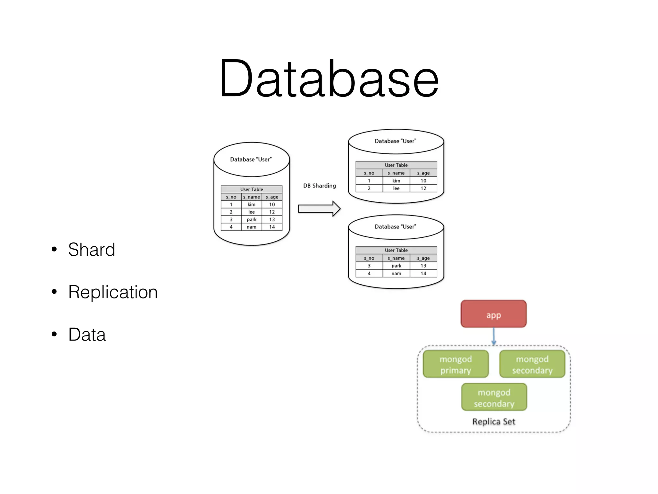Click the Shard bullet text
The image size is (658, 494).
pos(92,250)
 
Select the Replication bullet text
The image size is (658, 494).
pos(113,292)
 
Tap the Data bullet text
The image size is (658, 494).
pos(87,334)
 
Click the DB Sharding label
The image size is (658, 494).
pos(319,186)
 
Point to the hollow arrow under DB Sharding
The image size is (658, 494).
pos(319,209)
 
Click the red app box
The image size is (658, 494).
pos(493,314)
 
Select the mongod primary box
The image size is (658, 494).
pos(456,364)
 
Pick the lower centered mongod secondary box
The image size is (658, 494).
pos(494,398)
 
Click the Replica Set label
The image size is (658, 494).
pos(493,421)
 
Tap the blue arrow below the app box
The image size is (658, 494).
pos(494,336)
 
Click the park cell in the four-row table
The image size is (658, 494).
pos(252,220)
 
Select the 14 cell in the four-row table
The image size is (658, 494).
pos(272,227)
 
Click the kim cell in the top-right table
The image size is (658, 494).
pos(396,181)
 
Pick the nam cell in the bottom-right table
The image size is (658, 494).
pos(396,274)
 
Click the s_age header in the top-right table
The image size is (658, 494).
pos(423,173)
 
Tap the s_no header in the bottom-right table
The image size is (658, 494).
pos(369,258)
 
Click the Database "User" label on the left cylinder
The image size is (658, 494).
pos(251,160)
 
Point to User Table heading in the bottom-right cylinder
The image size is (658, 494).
pos(396,250)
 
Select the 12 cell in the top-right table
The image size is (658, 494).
pos(423,188)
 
